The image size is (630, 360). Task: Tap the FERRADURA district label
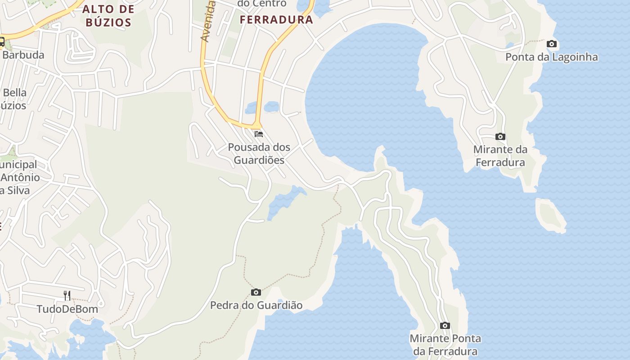276,20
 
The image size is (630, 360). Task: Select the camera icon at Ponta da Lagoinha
552,44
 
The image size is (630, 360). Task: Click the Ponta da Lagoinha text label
552,57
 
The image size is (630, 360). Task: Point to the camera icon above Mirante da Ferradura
500,137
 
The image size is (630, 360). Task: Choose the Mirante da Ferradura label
500,156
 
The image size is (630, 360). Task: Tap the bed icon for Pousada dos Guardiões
259,134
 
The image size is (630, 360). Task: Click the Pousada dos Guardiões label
259,153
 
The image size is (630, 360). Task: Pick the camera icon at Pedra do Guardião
256,292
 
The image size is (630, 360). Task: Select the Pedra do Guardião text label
256,306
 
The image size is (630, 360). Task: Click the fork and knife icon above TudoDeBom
67,296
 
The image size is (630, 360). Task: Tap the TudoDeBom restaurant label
67,309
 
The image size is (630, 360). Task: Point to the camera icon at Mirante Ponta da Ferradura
445,326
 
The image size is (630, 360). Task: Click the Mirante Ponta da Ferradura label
445,345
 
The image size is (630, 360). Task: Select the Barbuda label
23,55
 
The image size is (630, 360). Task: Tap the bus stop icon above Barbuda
2,42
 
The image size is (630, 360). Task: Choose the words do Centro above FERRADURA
262,4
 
